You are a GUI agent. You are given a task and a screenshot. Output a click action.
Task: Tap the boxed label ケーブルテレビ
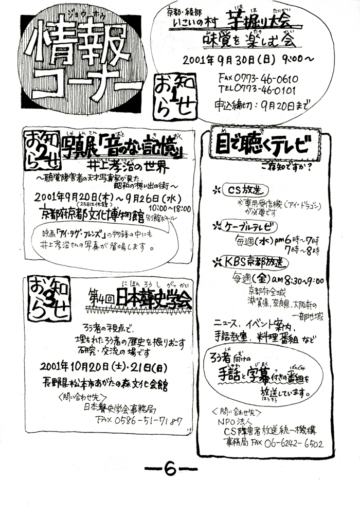click(x=251, y=225)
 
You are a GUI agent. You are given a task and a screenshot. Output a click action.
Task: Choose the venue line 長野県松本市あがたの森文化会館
click(x=105, y=383)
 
